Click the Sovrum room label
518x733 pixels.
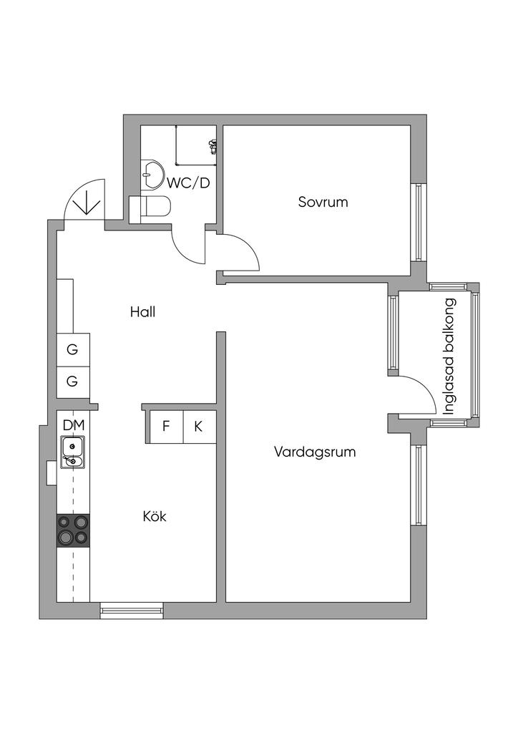tap(323, 202)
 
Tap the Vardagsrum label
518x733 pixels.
tap(314, 452)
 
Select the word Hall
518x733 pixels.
tap(142, 312)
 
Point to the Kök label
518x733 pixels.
tap(155, 515)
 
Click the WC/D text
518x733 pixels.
tap(189, 183)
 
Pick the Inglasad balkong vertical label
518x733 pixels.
tap(450, 356)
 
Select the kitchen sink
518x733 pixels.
tap(73, 453)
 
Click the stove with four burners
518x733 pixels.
tap(73, 530)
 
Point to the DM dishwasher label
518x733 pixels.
tap(73, 425)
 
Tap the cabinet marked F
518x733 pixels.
tap(166, 427)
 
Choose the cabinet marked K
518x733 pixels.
tap(199, 427)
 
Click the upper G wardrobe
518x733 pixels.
tap(72, 350)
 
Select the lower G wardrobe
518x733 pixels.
tap(72, 381)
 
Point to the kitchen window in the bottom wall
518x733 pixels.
tap(131, 611)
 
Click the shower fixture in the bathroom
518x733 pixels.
tap(212, 147)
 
